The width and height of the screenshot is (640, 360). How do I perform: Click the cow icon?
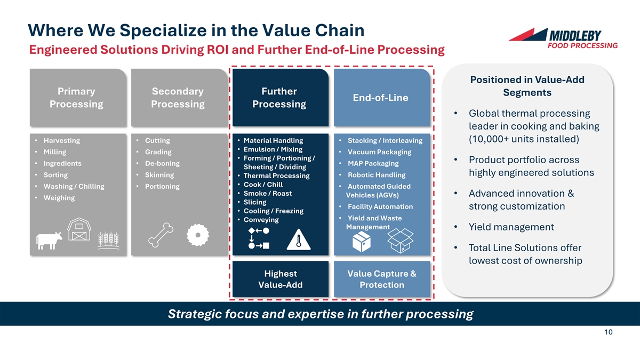point(49,241)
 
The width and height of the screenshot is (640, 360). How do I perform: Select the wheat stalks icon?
point(108,241)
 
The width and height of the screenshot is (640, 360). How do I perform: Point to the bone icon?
point(161,236)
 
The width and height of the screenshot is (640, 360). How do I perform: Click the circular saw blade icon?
point(199,235)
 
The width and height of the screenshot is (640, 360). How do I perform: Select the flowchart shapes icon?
point(259,238)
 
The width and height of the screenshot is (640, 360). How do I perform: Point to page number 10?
point(609,332)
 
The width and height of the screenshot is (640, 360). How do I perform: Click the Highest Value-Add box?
point(281,279)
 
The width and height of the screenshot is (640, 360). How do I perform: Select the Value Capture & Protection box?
point(381,279)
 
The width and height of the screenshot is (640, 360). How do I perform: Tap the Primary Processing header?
point(76,98)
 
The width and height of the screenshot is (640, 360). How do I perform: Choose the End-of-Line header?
point(380,98)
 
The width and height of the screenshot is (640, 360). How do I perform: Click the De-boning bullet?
point(162,163)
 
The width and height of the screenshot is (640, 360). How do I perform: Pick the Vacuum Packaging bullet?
point(379,152)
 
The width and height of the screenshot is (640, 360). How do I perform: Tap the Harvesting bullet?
point(61,141)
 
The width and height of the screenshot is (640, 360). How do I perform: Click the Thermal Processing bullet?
point(276,176)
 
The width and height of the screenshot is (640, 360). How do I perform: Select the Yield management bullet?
point(511,227)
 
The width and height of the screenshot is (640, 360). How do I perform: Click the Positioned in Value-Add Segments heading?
point(527,86)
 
